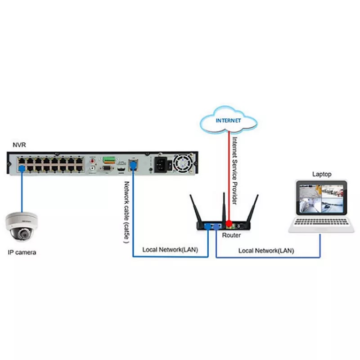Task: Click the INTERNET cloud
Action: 229,121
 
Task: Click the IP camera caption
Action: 22,252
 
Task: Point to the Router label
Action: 232,235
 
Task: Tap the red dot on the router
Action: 229,223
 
